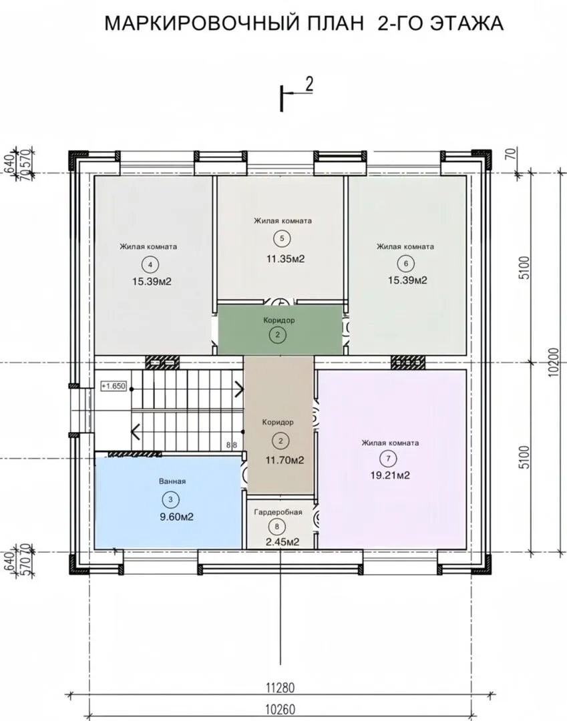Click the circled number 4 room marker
[x=150, y=264]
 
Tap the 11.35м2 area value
[x=286, y=259]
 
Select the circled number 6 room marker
[x=405, y=264]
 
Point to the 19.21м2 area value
[x=390, y=475]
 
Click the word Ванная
[x=172, y=481]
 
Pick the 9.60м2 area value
[x=176, y=517]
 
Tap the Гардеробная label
[x=278, y=512]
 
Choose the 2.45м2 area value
[x=282, y=542]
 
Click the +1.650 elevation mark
[x=114, y=386]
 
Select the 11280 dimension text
[x=280, y=688]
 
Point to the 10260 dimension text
[x=280, y=710]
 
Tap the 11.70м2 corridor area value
[x=285, y=460]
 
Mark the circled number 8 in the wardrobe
[x=277, y=527]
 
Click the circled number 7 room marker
[x=389, y=459]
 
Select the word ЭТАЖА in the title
[x=466, y=23]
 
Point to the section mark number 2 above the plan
[x=309, y=84]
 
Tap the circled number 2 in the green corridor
[x=278, y=334]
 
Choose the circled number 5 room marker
[x=282, y=238]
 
